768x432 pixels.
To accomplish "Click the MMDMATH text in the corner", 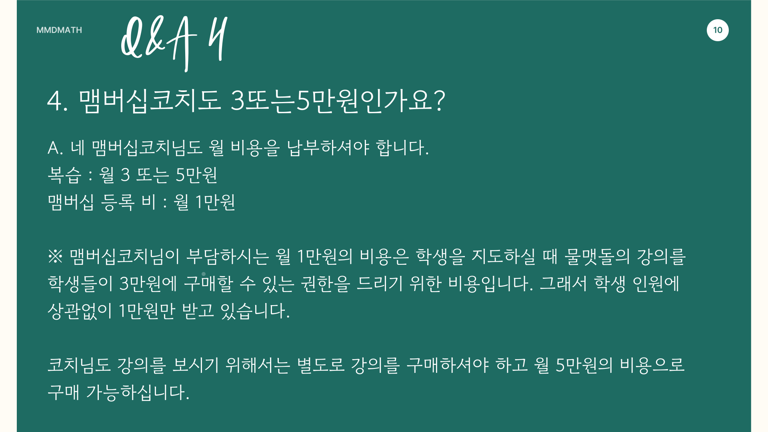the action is click(59, 30).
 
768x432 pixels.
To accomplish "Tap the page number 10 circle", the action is click(718, 30).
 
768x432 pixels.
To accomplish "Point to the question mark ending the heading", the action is click(439, 100).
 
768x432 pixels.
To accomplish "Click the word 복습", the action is click(64, 175).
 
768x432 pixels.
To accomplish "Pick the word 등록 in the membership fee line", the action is click(118, 202).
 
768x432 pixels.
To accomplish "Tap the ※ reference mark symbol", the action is click(55, 256).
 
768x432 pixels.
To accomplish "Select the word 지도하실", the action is click(503, 256).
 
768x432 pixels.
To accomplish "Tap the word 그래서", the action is click(563, 284).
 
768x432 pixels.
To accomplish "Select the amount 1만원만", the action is click(147, 311).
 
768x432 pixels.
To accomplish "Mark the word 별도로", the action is click(321, 365).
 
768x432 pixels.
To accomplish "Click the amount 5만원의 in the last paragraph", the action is click(584, 365).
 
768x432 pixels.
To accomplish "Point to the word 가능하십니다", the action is click(138, 392).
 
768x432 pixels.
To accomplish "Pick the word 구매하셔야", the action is click(448, 365).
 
